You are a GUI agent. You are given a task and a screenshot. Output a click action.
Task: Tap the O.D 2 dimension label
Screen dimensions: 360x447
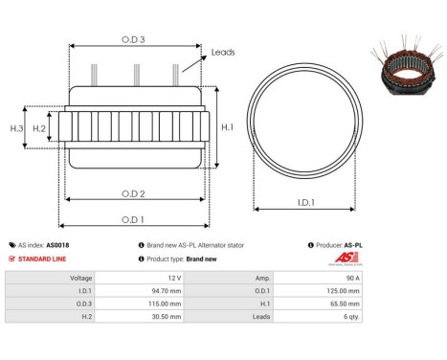[134, 192]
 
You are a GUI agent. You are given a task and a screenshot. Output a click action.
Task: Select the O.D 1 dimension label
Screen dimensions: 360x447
[134, 219]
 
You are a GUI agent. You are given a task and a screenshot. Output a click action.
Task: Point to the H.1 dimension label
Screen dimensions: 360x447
[227, 126]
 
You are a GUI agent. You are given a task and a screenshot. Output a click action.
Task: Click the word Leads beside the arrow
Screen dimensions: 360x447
[223, 53]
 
